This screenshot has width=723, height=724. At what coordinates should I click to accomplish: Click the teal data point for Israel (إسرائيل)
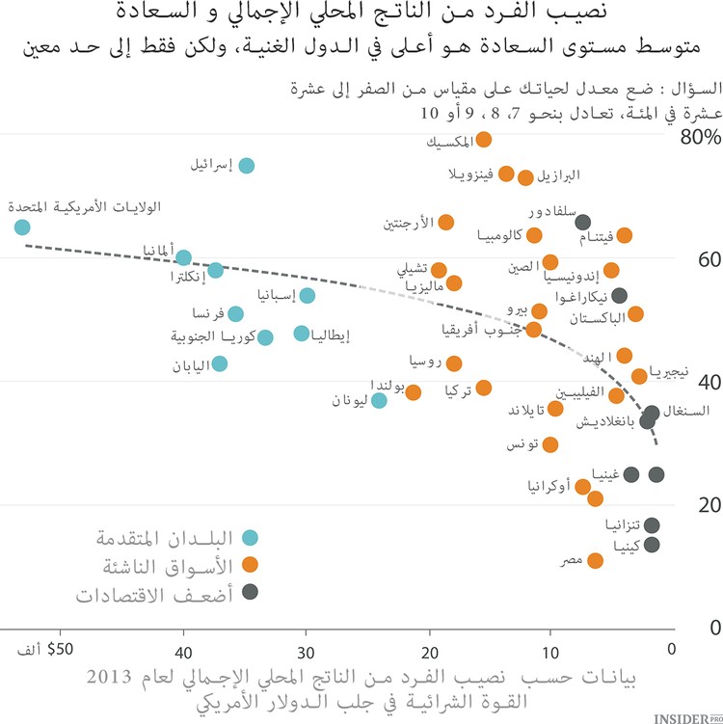tap(247, 166)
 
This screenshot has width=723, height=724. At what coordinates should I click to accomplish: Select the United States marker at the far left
tap(22, 228)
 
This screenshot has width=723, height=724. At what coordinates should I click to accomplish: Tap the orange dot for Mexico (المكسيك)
tap(484, 141)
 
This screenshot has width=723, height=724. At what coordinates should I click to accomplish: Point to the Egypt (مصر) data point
tap(596, 561)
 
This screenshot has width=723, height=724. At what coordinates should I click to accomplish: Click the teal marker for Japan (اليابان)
tap(220, 363)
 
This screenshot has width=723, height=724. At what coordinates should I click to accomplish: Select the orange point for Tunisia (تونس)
tap(550, 444)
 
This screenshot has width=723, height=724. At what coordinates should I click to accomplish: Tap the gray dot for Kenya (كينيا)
tap(653, 545)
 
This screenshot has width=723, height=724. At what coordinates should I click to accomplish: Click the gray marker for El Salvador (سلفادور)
tap(583, 221)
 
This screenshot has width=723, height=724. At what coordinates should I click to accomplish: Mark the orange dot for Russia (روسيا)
tap(455, 363)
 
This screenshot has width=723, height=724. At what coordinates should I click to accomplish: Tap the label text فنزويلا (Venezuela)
tap(472, 174)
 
